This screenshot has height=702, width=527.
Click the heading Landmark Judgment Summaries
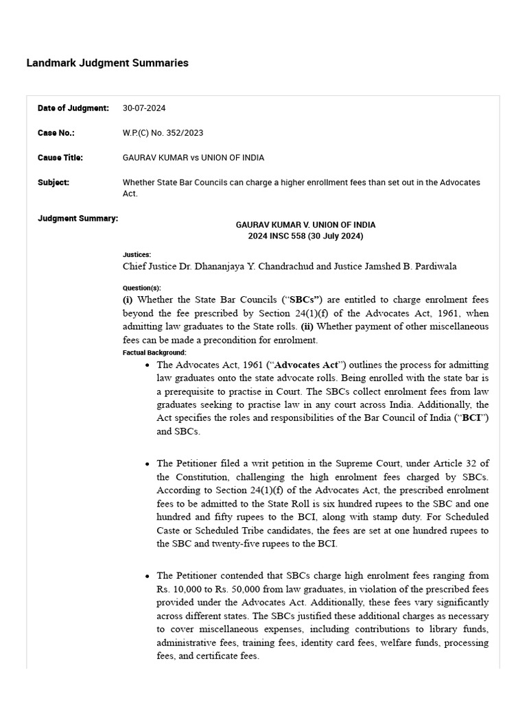pos(107,63)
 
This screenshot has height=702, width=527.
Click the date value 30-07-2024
pos(144,108)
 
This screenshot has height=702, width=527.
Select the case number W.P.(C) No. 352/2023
pos(163,133)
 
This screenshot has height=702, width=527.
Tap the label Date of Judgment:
pos(73,108)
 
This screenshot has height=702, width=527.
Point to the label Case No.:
pos(56,133)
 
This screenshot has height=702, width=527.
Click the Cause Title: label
pos(60,158)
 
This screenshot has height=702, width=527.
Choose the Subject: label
pos(53,182)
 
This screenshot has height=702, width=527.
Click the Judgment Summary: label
pos(78,219)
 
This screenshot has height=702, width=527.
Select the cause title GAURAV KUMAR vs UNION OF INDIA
pos(193,158)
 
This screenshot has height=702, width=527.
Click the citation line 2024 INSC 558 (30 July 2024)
pos(305,237)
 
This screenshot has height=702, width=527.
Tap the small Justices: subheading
pos(137,255)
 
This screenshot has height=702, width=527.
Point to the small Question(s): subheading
pos(141,289)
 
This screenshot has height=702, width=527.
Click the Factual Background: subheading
pos(154,352)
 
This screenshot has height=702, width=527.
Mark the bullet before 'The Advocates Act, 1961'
pos(148,366)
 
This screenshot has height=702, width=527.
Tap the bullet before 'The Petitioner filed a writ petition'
pos(148,464)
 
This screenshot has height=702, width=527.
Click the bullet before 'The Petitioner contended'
pos(148,577)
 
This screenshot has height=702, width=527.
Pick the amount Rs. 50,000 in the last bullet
pos(233,589)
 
